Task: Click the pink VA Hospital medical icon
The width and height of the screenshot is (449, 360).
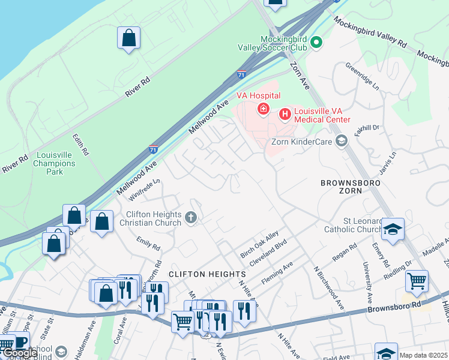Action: point(263,109)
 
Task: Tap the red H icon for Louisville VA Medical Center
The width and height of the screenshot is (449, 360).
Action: point(285,112)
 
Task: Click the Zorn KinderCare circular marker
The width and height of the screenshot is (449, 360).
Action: point(342,141)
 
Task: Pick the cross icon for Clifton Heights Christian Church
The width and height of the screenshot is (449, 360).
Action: point(191,218)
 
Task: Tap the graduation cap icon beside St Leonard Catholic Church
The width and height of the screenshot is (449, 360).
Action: point(393,230)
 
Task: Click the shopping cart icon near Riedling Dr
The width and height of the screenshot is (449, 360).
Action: point(417,280)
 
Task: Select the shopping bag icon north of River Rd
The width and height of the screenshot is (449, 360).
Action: point(128,38)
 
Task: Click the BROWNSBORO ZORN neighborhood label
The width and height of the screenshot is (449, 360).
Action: point(350,186)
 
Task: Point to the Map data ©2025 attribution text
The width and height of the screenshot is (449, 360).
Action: point(423,355)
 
